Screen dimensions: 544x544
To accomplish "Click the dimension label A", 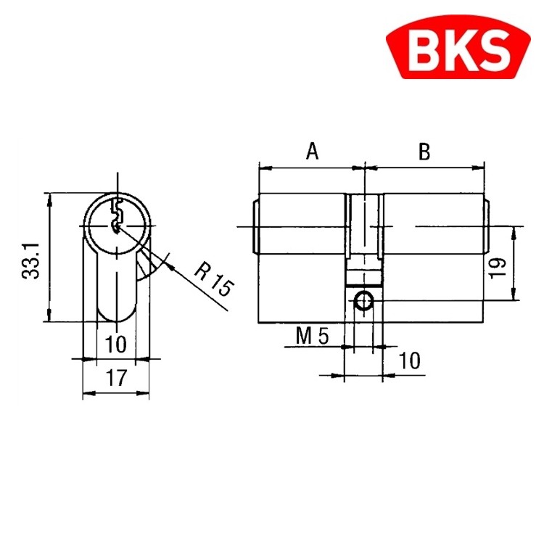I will point(312,152).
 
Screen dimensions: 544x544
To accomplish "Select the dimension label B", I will point(425,152).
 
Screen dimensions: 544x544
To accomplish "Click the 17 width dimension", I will point(115,377).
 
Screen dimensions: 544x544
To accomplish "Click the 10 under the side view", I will point(410,360).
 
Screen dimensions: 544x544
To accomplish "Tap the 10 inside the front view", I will point(115,343).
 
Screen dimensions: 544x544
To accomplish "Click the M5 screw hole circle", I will point(363,300).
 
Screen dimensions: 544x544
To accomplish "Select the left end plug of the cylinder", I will point(255,227).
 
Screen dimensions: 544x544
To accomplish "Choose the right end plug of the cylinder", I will point(487,227).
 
